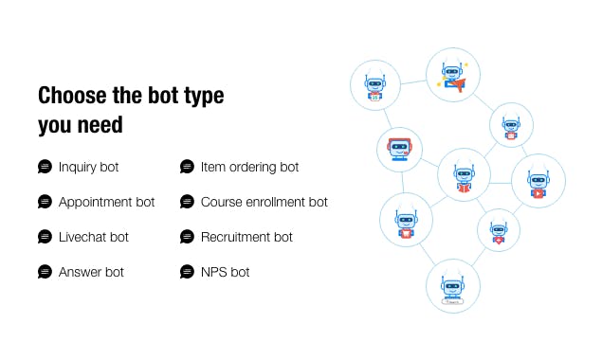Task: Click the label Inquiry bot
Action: pos(88,167)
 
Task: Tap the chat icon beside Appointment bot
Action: pos(45,202)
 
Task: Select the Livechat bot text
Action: pos(93,237)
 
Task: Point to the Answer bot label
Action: pos(91,272)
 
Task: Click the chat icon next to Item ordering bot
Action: pos(187,167)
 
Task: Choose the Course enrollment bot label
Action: pos(264,202)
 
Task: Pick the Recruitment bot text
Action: pos(246,237)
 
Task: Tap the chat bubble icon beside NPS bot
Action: pos(187,272)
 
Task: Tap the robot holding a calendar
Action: pos(376,84)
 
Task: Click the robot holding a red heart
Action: pos(498,230)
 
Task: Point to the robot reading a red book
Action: pos(464,175)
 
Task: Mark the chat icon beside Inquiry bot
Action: pos(45,167)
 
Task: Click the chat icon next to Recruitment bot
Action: pos(187,237)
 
